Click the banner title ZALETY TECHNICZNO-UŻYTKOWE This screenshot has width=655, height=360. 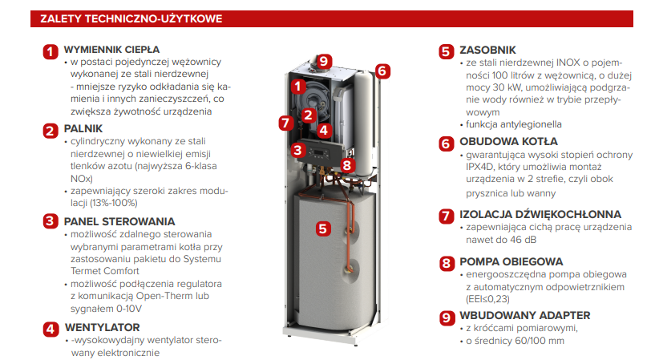coord(131,18)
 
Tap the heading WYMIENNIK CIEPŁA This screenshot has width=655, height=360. coord(111,50)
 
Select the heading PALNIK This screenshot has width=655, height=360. coord(83,128)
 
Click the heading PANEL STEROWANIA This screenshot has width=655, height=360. coord(119,221)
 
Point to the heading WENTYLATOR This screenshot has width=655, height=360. coord(103,327)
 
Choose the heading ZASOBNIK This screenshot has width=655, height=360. coord(487,51)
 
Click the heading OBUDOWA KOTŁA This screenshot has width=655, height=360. coord(508,142)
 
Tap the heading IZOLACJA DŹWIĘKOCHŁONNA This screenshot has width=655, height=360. coord(540,214)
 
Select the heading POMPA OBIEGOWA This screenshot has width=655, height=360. coord(511,262)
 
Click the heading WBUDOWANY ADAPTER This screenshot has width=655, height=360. coord(524,315)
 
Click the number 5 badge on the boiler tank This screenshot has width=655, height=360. coord(323,229)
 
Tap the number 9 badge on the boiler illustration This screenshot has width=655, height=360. coord(324,62)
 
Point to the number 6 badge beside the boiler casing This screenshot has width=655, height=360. coord(382,71)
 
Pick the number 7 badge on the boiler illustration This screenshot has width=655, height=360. coord(286,123)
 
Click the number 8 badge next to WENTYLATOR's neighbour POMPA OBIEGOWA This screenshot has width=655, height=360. coord(447,263)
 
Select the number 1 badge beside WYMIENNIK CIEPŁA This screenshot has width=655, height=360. coord(51,52)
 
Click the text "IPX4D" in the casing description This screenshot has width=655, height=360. coord(478,167)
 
